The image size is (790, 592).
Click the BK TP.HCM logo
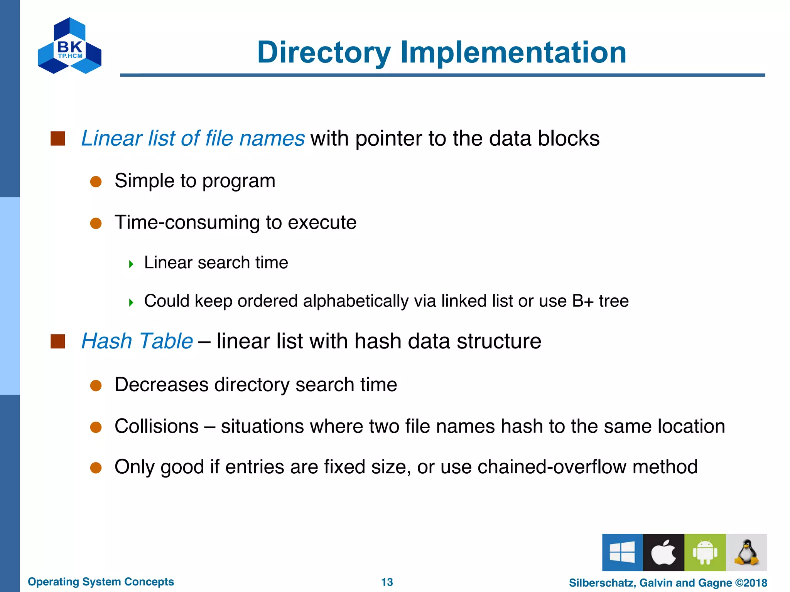tap(70, 46)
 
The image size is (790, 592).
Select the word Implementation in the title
tap(513, 52)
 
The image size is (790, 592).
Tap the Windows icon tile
tap(622, 552)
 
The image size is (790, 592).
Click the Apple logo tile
tap(663, 552)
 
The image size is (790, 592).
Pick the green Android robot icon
tap(705, 552)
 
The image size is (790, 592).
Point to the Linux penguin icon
tap(746, 552)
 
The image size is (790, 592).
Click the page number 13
tap(387, 582)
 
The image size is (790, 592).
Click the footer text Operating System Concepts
tap(101, 582)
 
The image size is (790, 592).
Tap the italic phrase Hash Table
tap(137, 341)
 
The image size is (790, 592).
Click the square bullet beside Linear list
tap(58, 138)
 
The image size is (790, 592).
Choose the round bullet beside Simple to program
tap(96, 182)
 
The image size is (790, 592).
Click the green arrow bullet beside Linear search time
tap(131, 264)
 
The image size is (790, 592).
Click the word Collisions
tap(157, 426)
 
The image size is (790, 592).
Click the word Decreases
tap(161, 385)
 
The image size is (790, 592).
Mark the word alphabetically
tap(355, 301)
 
